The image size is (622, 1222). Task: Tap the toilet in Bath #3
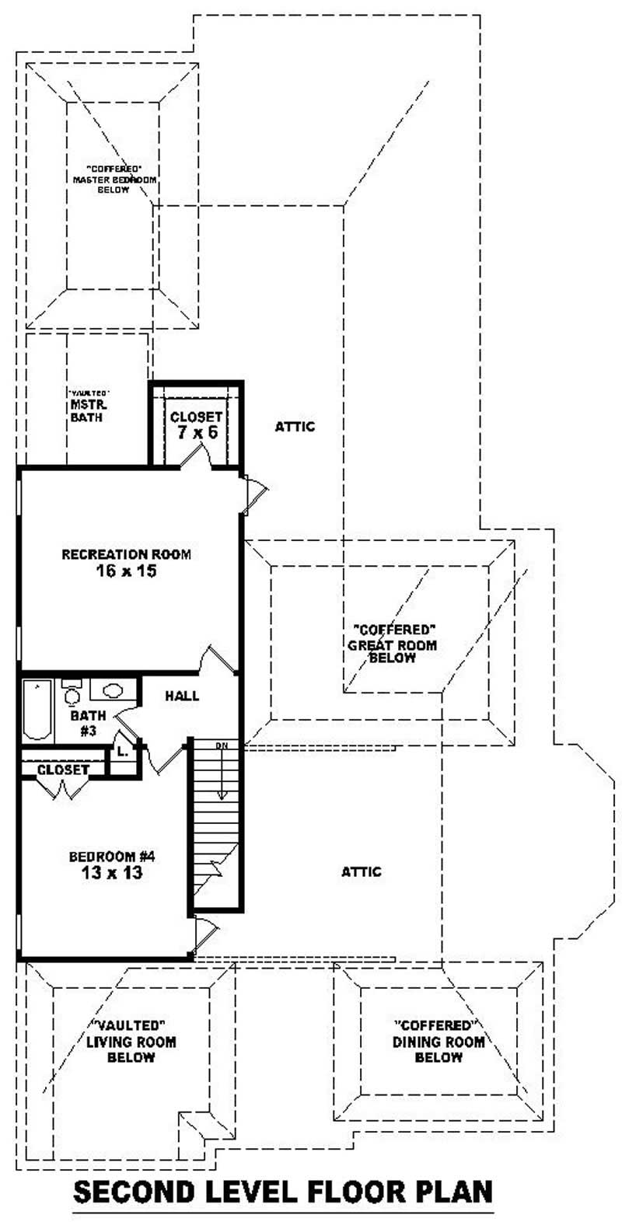72,693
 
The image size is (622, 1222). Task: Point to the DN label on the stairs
222,746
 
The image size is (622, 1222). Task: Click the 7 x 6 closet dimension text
196,432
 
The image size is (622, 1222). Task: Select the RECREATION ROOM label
126,555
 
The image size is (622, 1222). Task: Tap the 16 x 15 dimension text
126,571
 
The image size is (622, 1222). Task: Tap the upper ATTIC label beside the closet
295,426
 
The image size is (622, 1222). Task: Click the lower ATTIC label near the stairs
362,871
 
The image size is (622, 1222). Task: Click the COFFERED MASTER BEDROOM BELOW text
114,179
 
